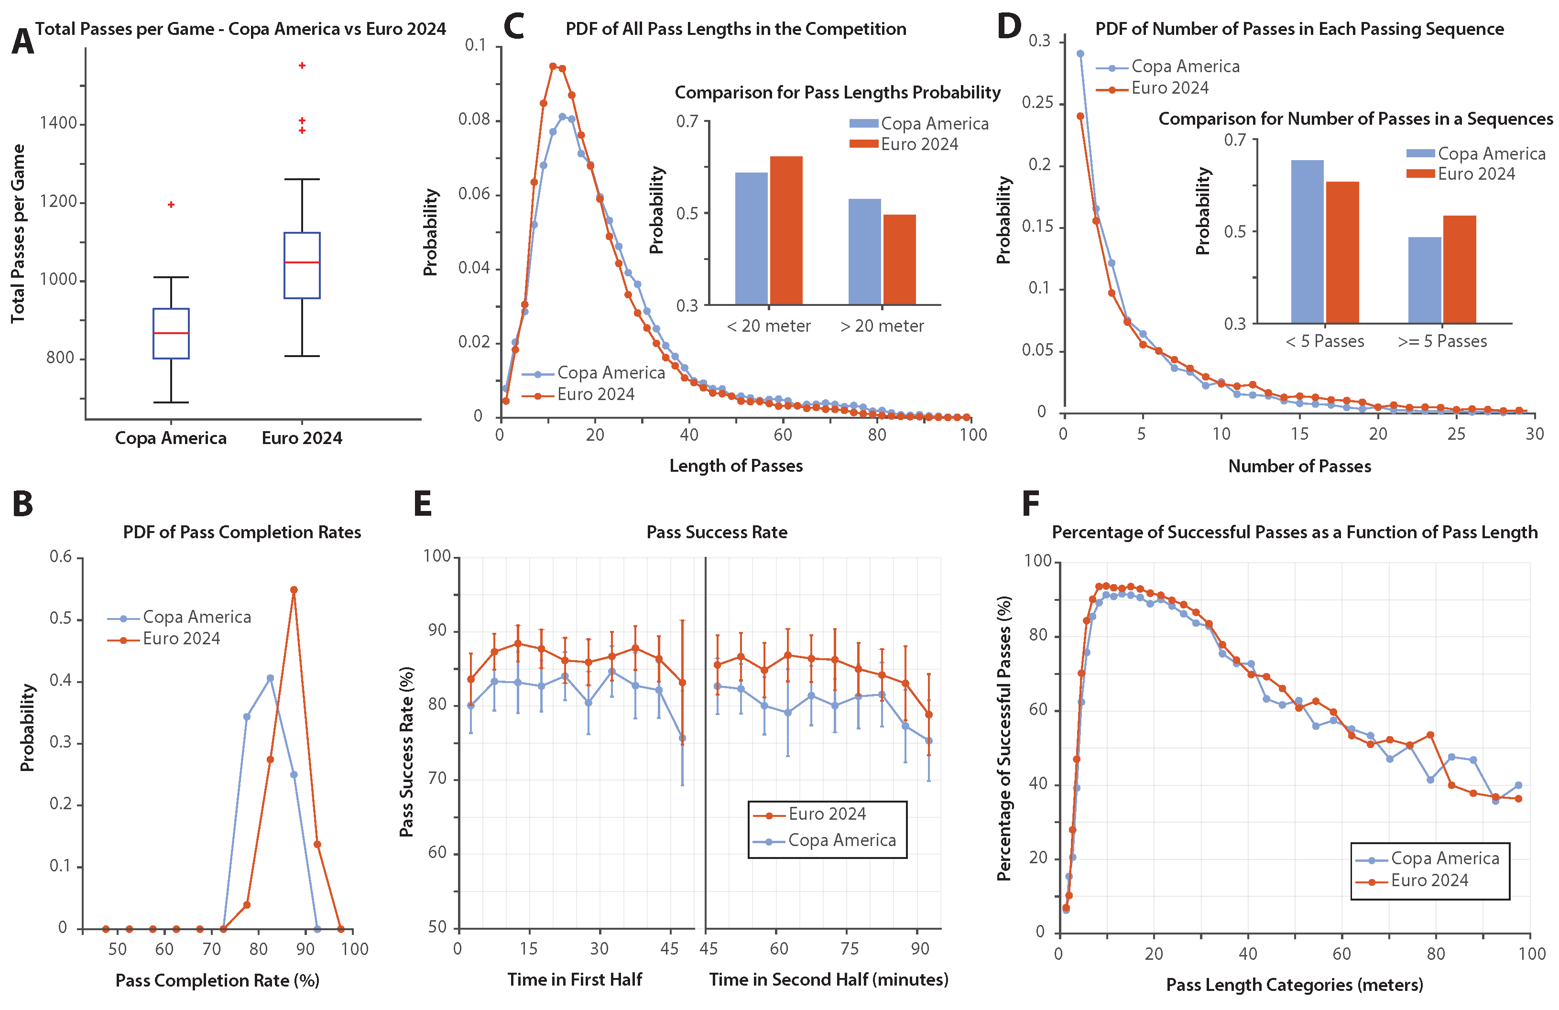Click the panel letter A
tap(22, 42)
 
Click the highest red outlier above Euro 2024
tap(302, 65)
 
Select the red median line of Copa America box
tap(171, 333)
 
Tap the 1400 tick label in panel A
tap(58, 123)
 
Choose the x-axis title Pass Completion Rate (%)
tap(218, 980)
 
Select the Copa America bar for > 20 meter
tap(865, 252)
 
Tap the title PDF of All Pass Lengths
tap(736, 29)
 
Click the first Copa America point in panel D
tap(1080, 54)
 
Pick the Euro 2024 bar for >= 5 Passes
tap(1460, 269)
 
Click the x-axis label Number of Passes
tap(1299, 467)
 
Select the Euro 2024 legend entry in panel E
tap(827, 814)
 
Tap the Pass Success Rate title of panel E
tap(717, 532)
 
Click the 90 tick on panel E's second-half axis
tap(920, 948)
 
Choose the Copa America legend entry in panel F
tap(1444, 858)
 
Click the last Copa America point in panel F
tap(1518, 785)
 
